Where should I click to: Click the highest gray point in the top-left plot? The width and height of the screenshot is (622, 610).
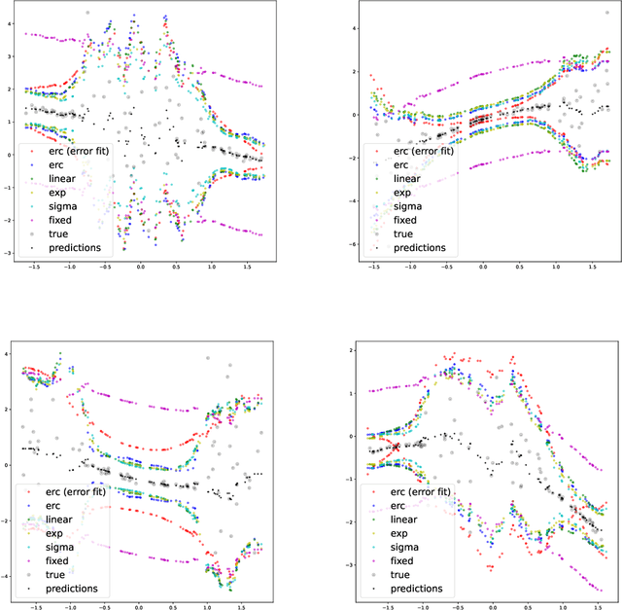click(87, 13)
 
